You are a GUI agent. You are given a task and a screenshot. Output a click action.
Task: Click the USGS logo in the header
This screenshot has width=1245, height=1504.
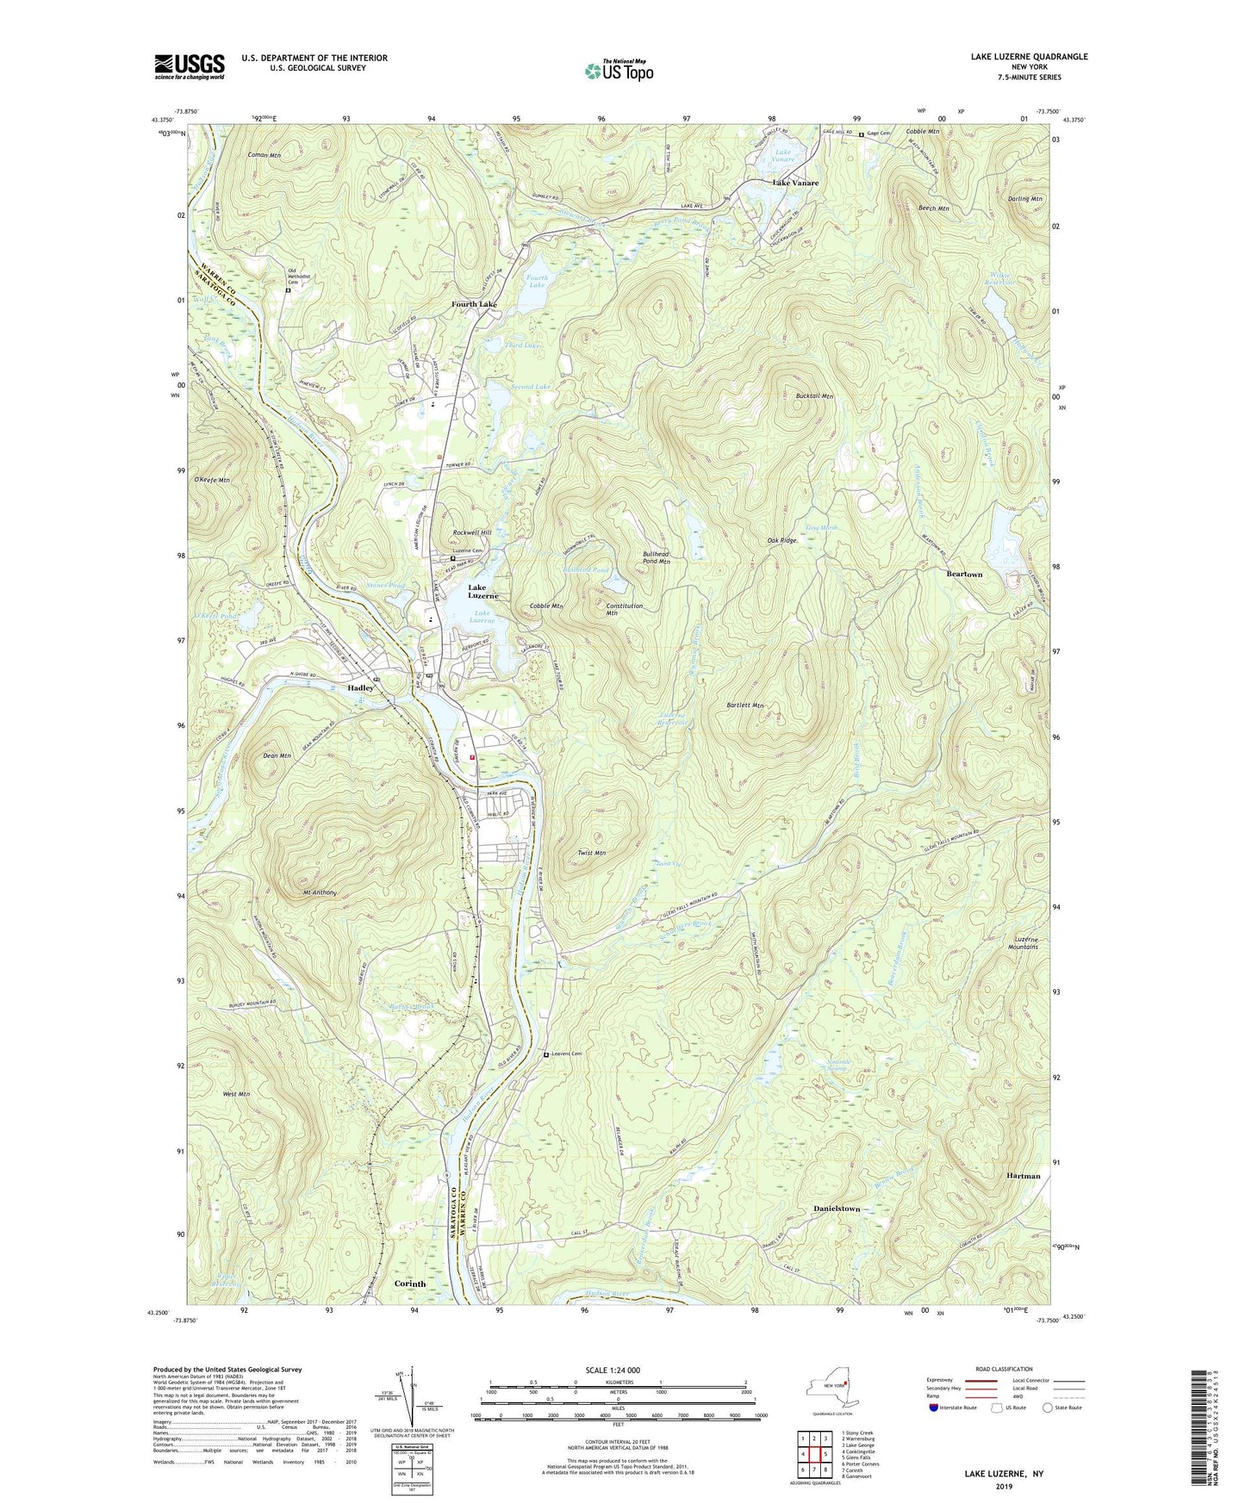(190, 66)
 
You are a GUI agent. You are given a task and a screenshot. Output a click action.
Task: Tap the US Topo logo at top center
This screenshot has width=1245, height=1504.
(618, 71)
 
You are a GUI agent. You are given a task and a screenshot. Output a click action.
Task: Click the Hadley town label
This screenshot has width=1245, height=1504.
(361, 688)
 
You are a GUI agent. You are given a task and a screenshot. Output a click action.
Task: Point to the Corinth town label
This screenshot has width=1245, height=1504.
(410, 1283)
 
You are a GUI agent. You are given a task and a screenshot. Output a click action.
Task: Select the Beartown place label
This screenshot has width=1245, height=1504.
(964, 574)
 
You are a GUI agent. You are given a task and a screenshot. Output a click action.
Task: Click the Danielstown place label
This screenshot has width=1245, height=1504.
(837, 1209)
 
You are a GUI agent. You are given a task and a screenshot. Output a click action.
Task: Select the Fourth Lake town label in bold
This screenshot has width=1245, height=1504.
(475, 305)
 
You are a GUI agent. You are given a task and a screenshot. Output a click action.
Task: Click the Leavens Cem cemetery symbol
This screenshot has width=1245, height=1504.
(545, 1054)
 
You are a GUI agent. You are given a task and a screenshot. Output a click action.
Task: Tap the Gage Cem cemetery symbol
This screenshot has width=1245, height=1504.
(861, 134)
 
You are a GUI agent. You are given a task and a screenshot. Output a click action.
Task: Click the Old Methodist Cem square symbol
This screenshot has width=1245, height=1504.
(289, 290)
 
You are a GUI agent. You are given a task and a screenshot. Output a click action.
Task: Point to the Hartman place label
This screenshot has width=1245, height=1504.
(1023, 1176)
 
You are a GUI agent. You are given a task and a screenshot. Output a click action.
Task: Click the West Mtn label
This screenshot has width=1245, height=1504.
(235, 1094)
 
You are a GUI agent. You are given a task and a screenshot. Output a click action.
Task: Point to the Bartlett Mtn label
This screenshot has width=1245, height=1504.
(745, 705)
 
